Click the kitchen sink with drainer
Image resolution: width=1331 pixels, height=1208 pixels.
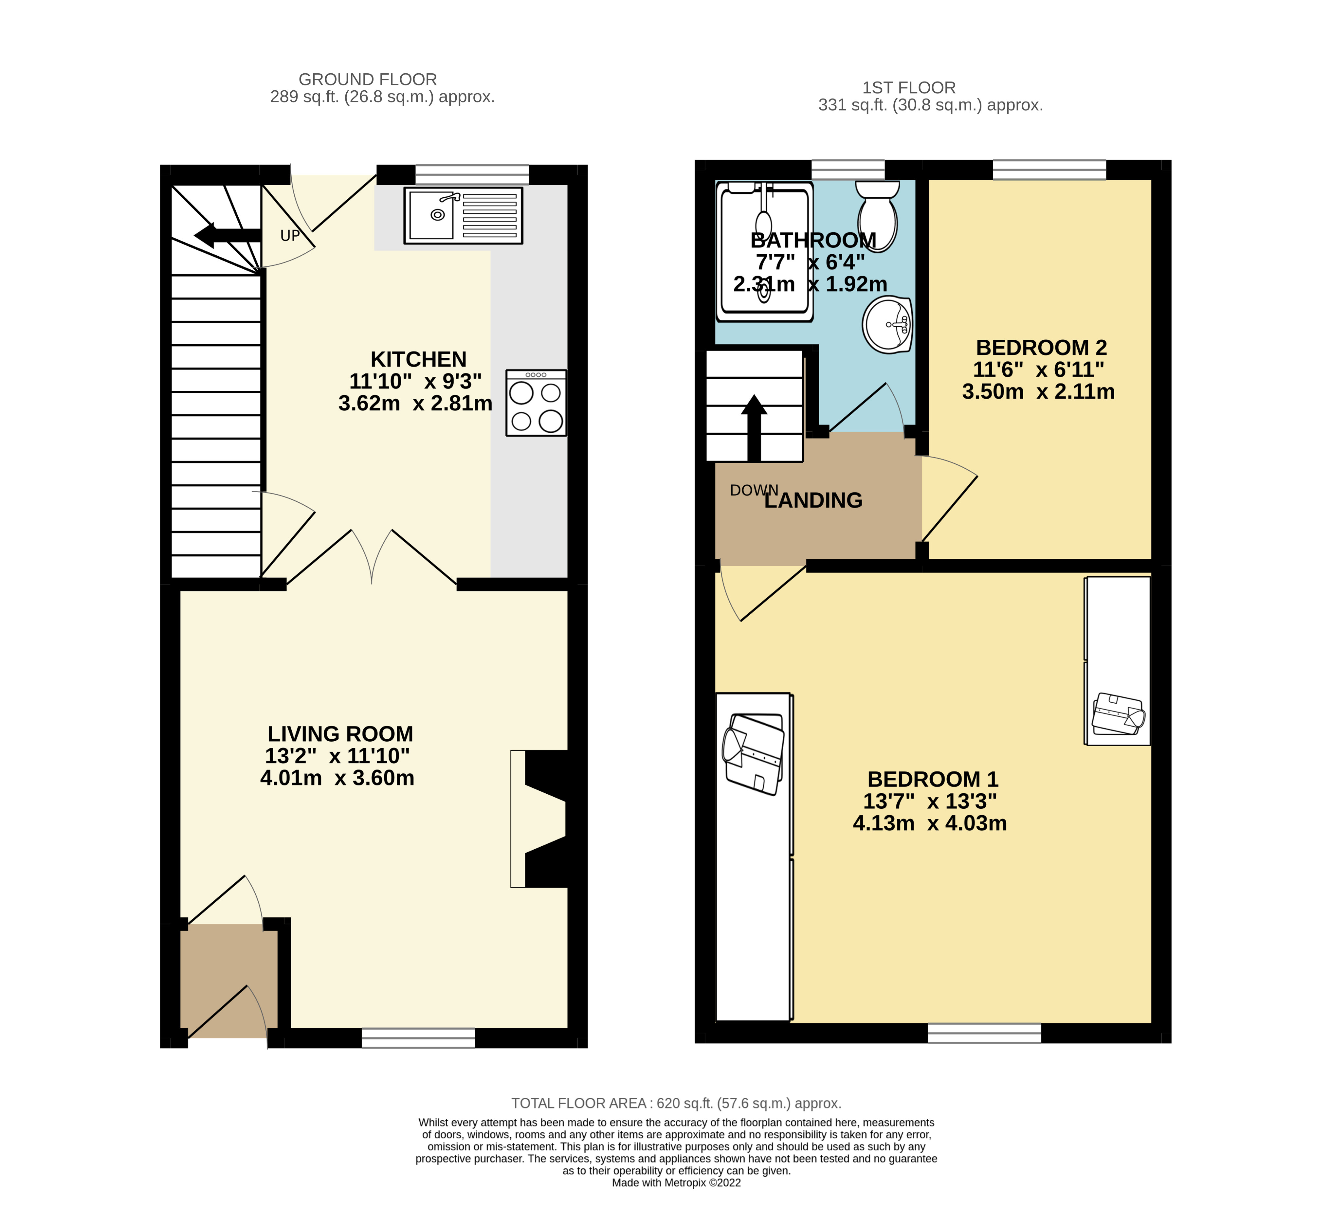[463, 216]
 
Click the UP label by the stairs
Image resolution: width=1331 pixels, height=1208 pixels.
[290, 236]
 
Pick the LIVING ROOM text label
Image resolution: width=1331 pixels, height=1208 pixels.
[340, 734]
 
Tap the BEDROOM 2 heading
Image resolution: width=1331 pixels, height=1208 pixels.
[1041, 347]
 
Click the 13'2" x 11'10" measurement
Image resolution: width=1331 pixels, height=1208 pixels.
[337, 756]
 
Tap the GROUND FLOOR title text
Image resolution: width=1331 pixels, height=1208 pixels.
[368, 79]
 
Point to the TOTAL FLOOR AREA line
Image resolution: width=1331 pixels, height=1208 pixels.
[676, 1103]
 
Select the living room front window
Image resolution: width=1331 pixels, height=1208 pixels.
[418, 1038]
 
